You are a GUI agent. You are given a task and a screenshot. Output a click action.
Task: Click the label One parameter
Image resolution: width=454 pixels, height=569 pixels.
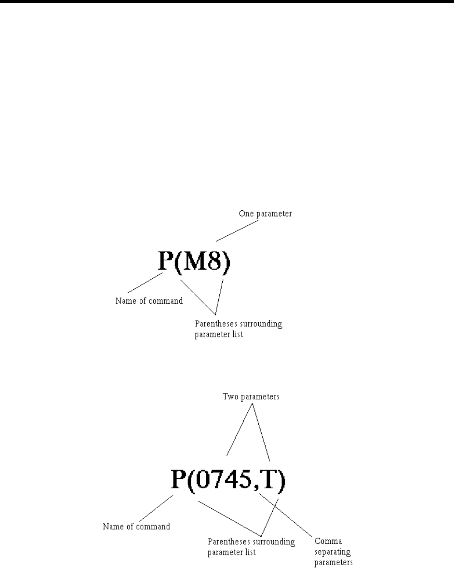coord(265,213)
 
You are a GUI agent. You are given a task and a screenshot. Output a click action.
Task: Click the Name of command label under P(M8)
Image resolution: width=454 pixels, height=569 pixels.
coord(149,301)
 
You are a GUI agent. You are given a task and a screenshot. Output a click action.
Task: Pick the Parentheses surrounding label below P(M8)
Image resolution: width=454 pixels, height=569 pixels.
coord(239,324)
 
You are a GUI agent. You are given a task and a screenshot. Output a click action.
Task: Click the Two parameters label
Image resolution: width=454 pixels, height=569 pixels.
coord(251,397)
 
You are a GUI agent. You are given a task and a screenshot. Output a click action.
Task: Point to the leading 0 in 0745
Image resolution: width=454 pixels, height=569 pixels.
coord(203,479)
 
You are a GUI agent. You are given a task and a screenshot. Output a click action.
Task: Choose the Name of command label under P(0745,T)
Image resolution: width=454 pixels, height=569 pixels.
coord(136,526)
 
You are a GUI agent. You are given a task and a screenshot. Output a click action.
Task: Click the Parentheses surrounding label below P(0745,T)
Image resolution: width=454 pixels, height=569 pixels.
coord(251,542)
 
